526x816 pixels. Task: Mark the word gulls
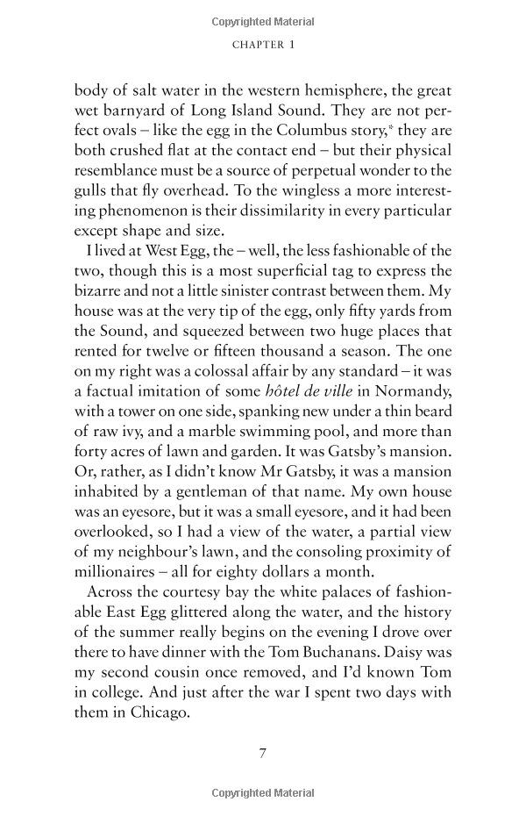tap(95, 190)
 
